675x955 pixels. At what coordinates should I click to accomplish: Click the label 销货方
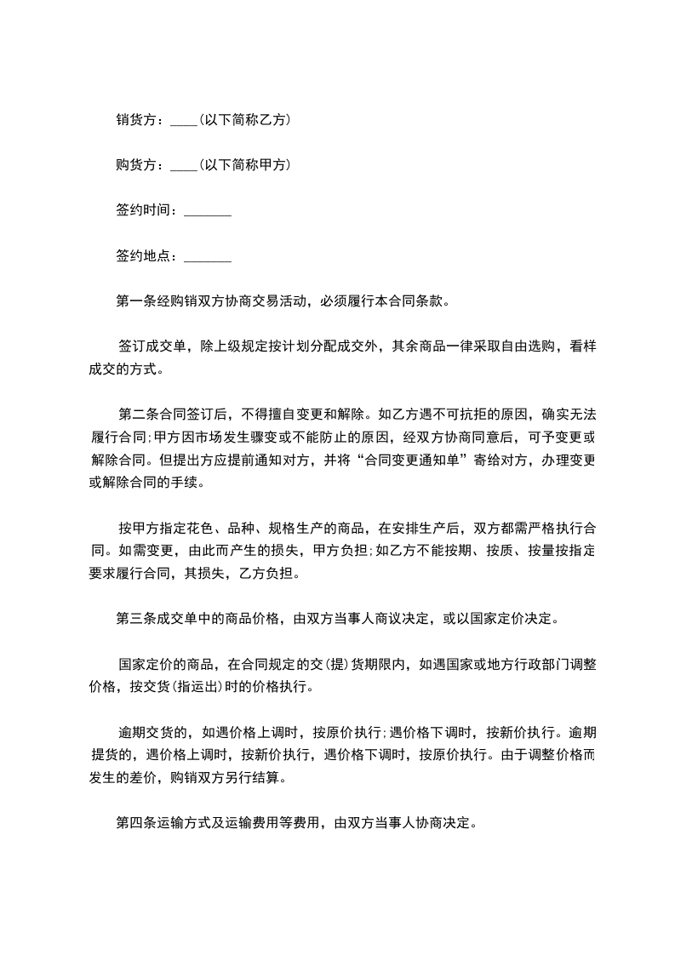[136, 121]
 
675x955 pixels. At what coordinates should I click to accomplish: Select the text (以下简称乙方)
[244, 121]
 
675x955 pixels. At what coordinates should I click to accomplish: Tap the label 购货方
[136, 165]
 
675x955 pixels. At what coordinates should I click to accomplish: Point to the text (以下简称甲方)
[244, 165]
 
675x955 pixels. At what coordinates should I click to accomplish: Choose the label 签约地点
[142, 255]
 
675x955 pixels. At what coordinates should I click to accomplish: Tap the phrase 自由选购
[521, 346]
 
